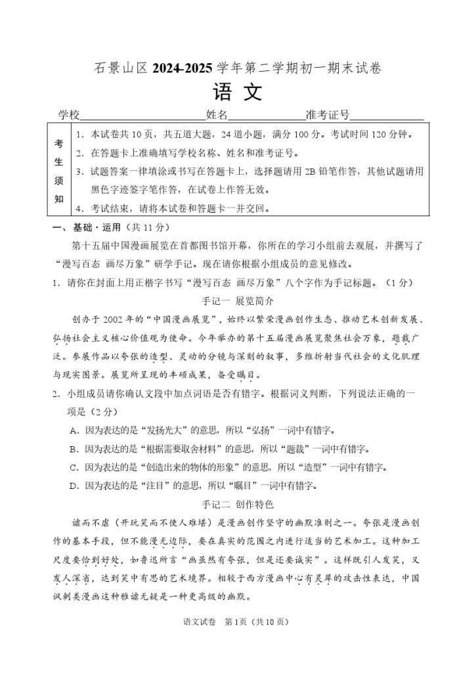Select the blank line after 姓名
(x=266, y=116)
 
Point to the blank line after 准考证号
(x=387, y=116)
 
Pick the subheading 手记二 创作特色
(x=237, y=505)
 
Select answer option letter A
(x=73, y=431)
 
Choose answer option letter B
(x=73, y=450)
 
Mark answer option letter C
(x=73, y=468)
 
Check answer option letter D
(x=73, y=486)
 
